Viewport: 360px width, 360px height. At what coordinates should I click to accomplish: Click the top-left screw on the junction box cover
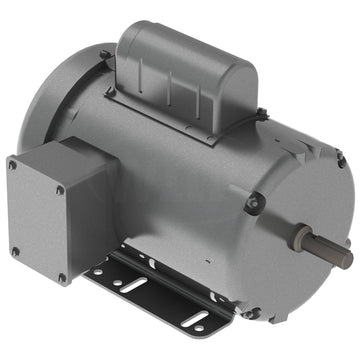point(13,164)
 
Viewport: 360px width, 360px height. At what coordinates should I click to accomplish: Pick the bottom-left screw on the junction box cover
point(15,251)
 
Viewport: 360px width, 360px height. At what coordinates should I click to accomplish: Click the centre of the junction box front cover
point(37,220)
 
